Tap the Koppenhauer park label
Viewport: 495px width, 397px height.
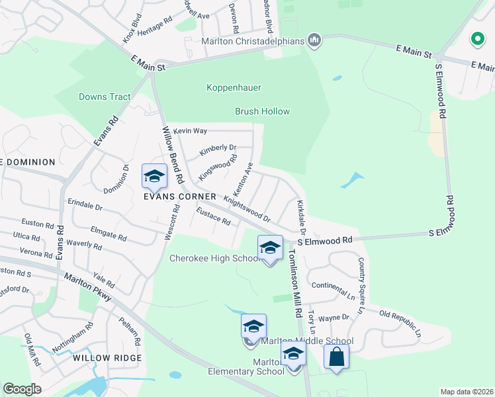click(x=234, y=87)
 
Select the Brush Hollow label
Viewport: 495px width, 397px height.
click(x=262, y=111)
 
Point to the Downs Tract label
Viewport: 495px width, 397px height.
click(x=105, y=97)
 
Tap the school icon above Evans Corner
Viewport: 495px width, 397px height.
click(x=154, y=176)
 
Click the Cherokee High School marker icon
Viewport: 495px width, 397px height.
click(x=269, y=248)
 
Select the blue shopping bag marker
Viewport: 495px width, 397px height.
click(x=336, y=357)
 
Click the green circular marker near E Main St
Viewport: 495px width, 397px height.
click(x=476, y=39)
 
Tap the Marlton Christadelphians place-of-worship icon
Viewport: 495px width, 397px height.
click(x=314, y=41)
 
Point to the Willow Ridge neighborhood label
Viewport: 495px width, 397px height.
click(x=107, y=358)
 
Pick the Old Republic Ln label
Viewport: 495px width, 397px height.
click(x=400, y=321)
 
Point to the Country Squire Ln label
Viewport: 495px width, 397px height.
click(x=361, y=285)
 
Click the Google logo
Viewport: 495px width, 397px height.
click(x=22, y=389)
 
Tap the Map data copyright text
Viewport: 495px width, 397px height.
click(x=467, y=392)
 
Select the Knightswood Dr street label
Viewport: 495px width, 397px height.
click(x=247, y=208)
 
